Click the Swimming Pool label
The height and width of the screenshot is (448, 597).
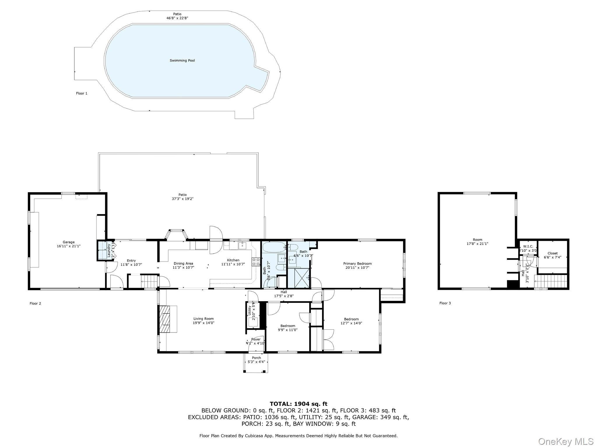pyautogui.click(x=182, y=60)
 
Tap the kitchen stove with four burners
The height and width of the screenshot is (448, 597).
pyautogui.click(x=256, y=262)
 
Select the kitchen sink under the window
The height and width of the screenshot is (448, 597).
pyautogui.click(x=242, y=245)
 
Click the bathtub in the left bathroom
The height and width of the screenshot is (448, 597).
pyautogui.click(x=274, y=247)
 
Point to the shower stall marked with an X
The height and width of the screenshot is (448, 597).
pyautogui.click(x=302, y=278)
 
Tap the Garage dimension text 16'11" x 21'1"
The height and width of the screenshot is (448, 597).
pyautogui.click(x=69, y=246)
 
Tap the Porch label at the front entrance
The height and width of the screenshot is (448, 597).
pyautogui.click(x=256, y=358)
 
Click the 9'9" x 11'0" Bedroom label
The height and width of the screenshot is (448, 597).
pyautogui.click(x=288, y=326)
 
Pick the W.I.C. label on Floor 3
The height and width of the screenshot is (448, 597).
pyautogui.click(x=528, y=246)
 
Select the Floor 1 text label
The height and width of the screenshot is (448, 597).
pyautogui.click(x=82, y=93)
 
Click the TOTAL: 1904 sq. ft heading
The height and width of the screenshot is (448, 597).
pyautogui.click(x=298, y=404)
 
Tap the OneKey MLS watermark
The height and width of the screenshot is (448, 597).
pyautogui.click(x=566, y=441)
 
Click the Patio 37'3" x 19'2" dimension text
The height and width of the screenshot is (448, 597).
pyautogui.click(x=182, y=199)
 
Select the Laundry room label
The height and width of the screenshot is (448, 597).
pyautogui.click(x=109, y=250)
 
